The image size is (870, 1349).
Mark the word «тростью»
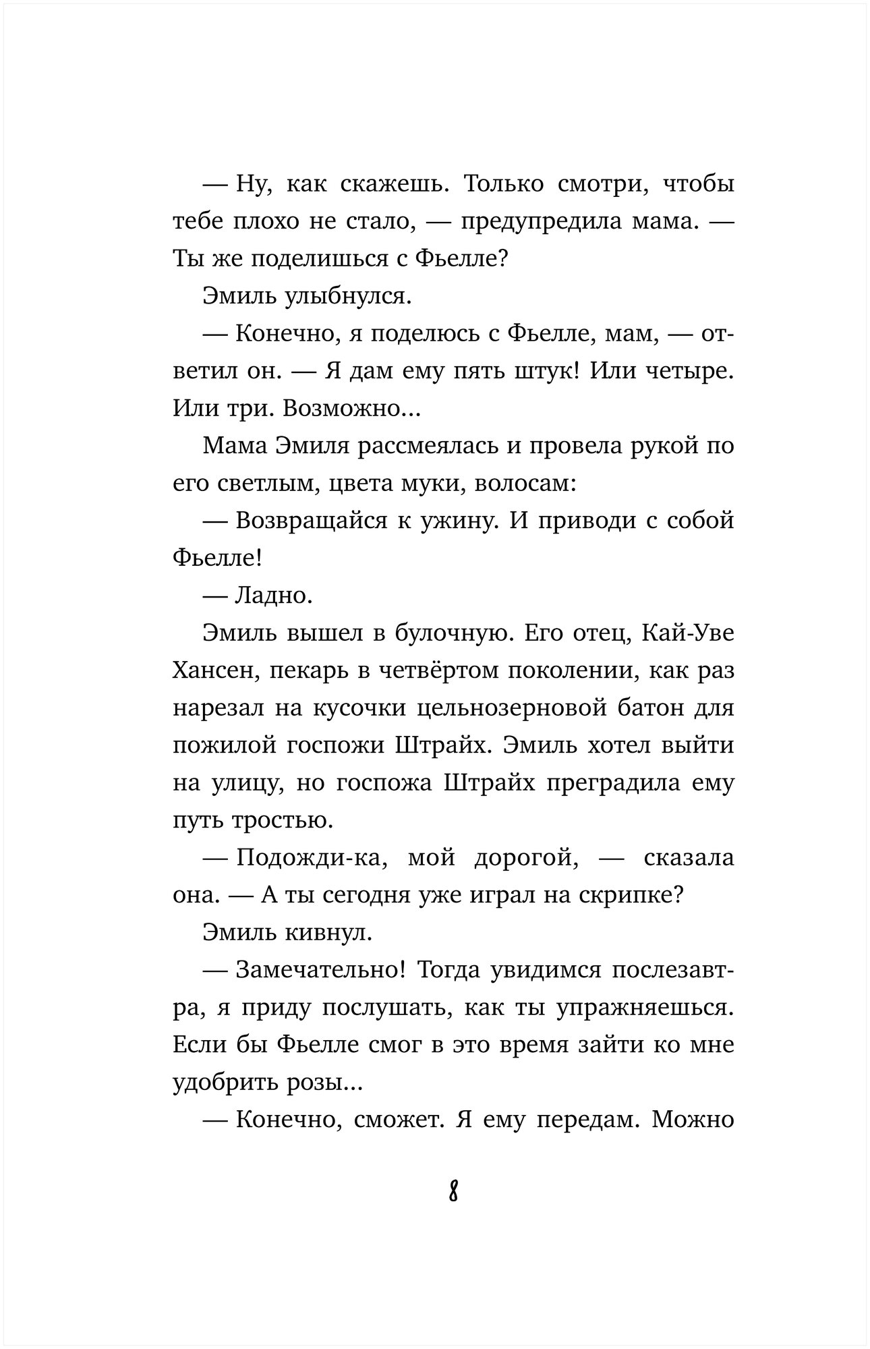[281, 820]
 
